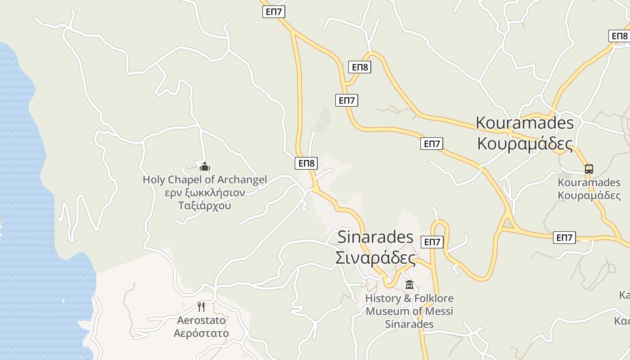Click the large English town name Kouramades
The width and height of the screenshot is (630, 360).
[x=525, y=122]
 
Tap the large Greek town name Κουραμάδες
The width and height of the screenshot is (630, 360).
[x=525, y=144]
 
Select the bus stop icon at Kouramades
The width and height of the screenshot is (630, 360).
[x=589, y=169]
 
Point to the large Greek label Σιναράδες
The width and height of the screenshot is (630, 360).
[x=375, y=258]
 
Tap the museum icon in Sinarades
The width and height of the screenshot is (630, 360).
[x=409, y=285]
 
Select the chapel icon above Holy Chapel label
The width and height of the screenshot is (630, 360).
[x=205, y=166]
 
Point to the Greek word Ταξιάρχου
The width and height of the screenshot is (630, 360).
[x=205, y=206]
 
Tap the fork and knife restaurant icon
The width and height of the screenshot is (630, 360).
[x=201, y=307]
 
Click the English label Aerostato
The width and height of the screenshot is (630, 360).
[x=201, y=320]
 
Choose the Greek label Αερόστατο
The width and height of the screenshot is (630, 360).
[x=201, y=333]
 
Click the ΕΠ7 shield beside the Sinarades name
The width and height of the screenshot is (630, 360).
[x=432, y=242]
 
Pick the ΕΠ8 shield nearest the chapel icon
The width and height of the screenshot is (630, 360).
[x=306, y=163]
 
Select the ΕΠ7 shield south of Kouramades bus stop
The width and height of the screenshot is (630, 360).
[x=564, y=238]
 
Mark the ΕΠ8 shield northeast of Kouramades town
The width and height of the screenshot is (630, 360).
[x=619, y=36]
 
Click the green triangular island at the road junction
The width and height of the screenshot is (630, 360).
[x=508, y=223]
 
